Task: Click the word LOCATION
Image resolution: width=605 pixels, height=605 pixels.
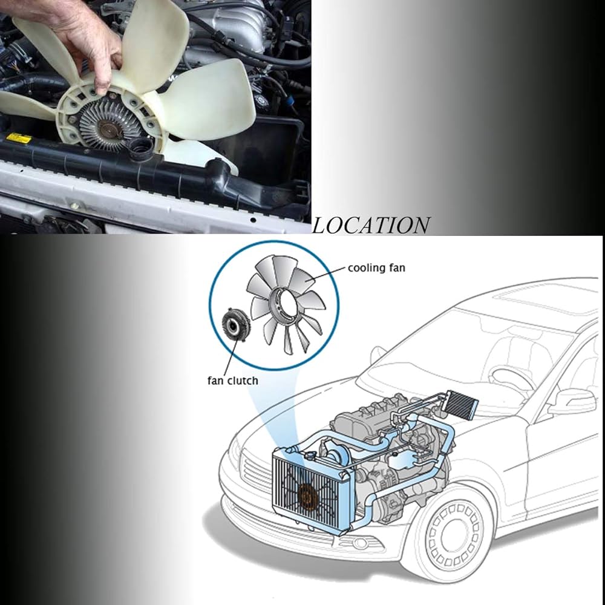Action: pyautogui.click(x=371, y=226)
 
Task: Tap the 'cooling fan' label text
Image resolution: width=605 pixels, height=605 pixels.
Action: pyautogui.click(x=376, y=268)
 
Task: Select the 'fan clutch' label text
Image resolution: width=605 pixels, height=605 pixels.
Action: pyautogui.click(x=233, y=381)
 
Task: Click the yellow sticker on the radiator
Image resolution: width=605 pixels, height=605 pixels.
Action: pyautogui.click(x=19, y=138)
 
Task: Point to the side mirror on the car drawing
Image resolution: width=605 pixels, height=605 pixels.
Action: pyautogui.click(x=572, y=402)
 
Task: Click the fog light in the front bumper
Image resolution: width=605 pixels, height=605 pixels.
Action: pyautogui.click(x=361, y=543)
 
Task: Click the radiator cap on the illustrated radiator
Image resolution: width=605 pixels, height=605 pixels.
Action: pyautogui.click(x=310, y=456)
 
